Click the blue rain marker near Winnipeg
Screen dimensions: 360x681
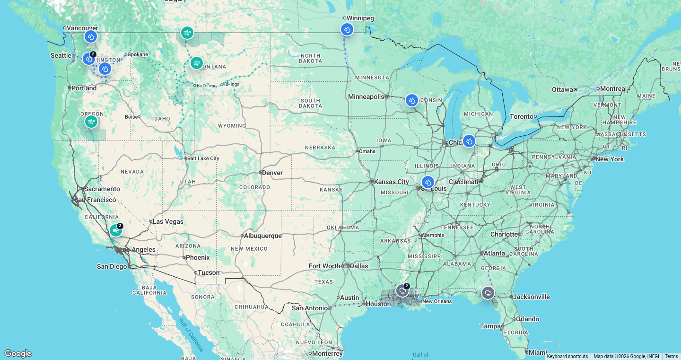(x=347, y=29)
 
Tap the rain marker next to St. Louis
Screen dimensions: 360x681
(x=428, y=182)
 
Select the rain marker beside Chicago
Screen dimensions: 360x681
(x=469, y=141)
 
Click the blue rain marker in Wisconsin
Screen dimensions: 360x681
(x=411, y=100)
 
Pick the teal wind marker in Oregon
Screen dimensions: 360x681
(x=91, y=122)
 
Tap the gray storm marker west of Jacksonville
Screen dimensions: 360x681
(x=488, y=293)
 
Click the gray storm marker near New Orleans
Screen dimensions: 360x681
(x=402, y=290)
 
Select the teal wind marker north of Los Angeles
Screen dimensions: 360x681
(x=116, y=230)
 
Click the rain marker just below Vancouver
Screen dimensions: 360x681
(x=91, y=36)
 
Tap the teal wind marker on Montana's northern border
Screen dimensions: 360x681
(x=187, y=33)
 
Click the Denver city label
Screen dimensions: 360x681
(x=272, y=173)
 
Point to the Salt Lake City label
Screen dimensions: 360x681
(x=203, y=158)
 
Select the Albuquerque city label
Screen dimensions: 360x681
(x=262, y=236)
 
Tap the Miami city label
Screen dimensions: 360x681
(x=538, y=352)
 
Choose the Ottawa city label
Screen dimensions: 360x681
(x=563, y=89)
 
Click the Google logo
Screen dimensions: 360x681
(x=18, y=353)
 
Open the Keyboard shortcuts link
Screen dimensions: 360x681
(x=567, y=357)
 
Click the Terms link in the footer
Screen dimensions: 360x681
(x=671, y=357)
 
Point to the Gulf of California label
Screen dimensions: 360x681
(x=192, y=335)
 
